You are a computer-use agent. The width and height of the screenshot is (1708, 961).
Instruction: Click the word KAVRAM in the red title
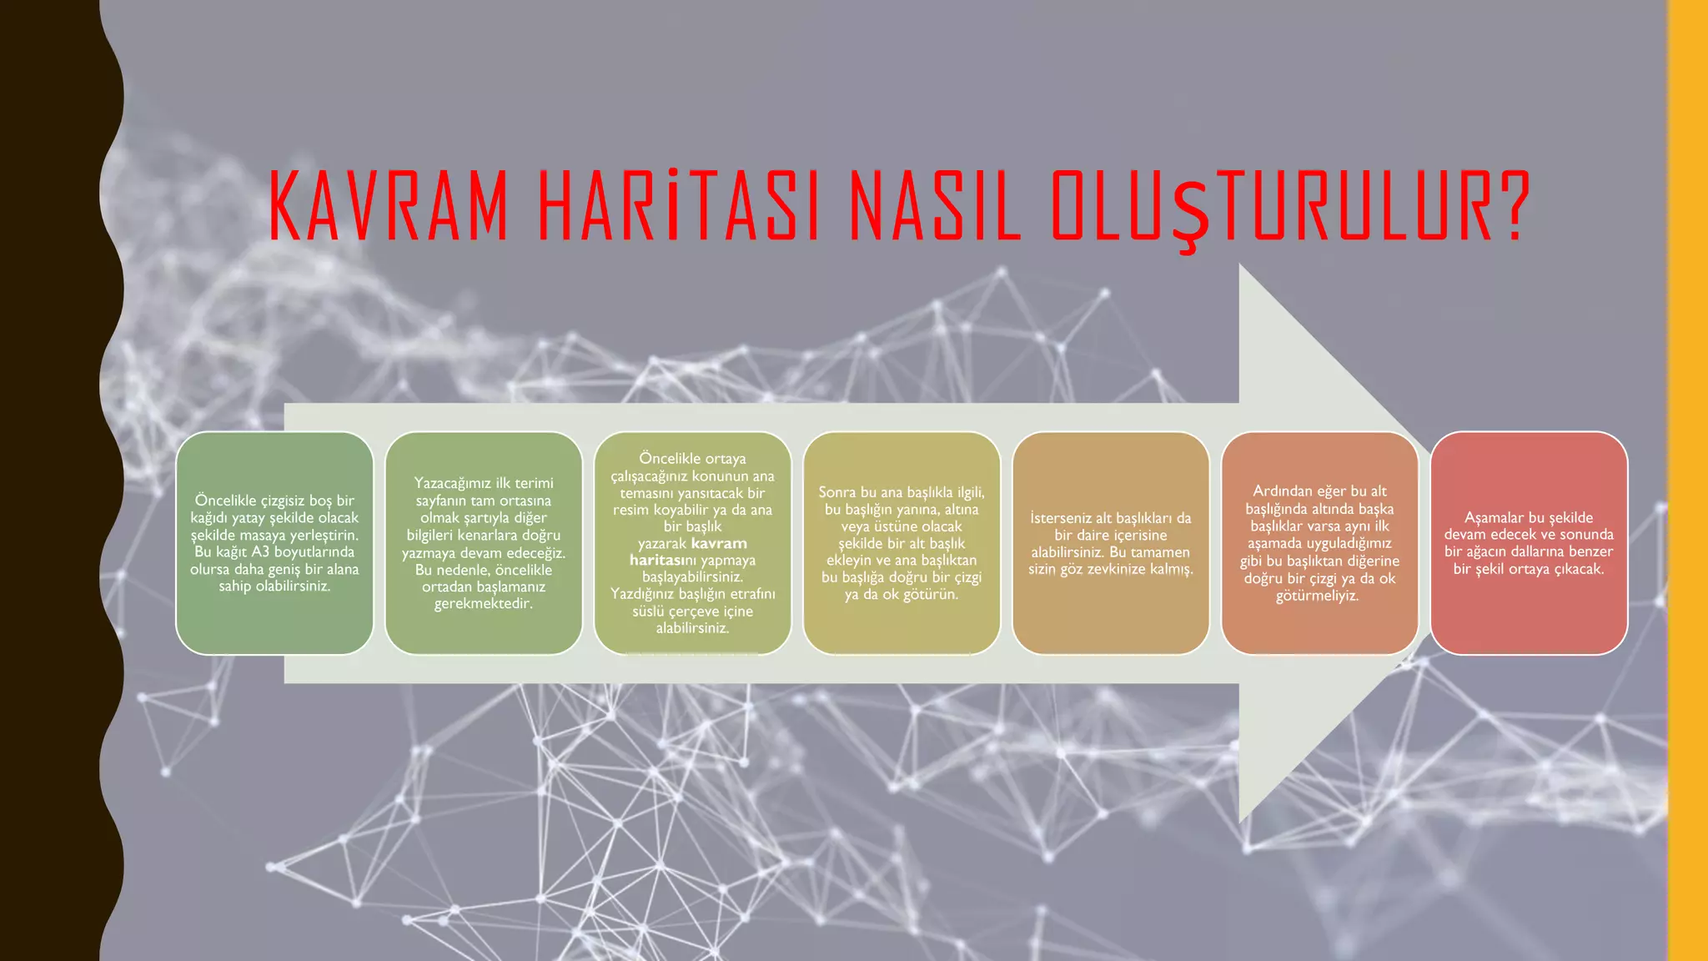[x=389, y=206]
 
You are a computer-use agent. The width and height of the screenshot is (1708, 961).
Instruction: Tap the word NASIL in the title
[x=935, y=206]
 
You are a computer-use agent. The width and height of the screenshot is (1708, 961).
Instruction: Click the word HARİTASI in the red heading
[x=679, y=206]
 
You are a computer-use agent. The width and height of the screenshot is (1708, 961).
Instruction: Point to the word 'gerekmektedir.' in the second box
[x=484, y=604]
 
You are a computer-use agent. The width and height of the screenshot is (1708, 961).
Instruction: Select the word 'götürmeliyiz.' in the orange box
[x=1318, y=596]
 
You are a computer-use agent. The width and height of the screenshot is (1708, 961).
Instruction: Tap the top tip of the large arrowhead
[x=1240, y=266]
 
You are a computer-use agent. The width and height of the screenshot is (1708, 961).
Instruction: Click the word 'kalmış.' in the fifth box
[x=1168, y=569]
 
